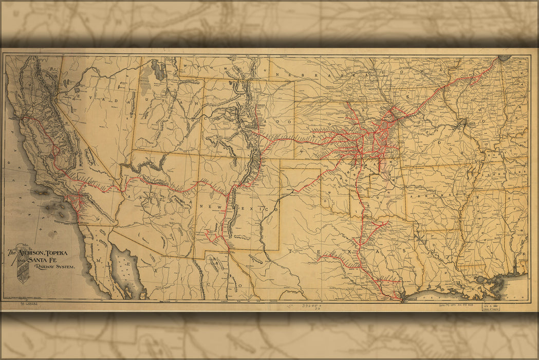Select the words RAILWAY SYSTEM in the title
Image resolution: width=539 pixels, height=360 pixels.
53,267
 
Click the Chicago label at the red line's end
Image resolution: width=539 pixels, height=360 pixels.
503,58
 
